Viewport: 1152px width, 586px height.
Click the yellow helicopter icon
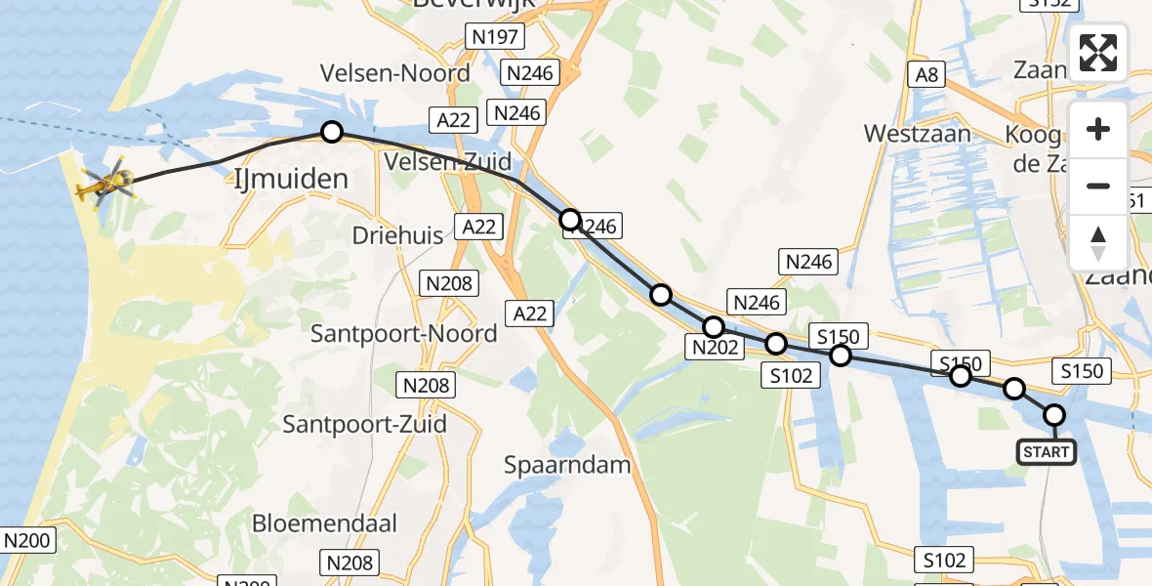click(x=105, y=183)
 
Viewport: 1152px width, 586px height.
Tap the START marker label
click(x=1047, y=452)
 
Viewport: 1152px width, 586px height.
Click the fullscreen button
click(x=1098, y=53)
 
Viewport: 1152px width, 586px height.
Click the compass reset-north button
click(x=1098, y=241)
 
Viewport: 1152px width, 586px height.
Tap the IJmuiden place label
click(x=292, y=179)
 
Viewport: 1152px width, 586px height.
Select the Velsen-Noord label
click(x=395, y=73)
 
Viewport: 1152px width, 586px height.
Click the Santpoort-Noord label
click(x=403, y=334)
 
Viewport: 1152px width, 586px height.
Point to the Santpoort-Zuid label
click(x=364, y=424)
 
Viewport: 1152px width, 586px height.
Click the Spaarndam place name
click(x=567, y=465)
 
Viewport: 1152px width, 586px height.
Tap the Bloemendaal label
click(x=324, y=523)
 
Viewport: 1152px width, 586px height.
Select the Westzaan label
click(x=918, y=134)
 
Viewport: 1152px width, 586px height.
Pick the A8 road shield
click(x=926, y=74)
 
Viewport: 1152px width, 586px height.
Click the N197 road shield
click(x=496, y=37)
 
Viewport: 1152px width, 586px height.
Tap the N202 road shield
click(x=716, y=346)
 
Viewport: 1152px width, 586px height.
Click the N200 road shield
click(x=27, y=540)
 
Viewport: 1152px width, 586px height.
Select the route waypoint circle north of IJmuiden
click(x=332, y=132)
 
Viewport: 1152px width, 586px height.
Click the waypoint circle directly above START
click(x=1054, y=415)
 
